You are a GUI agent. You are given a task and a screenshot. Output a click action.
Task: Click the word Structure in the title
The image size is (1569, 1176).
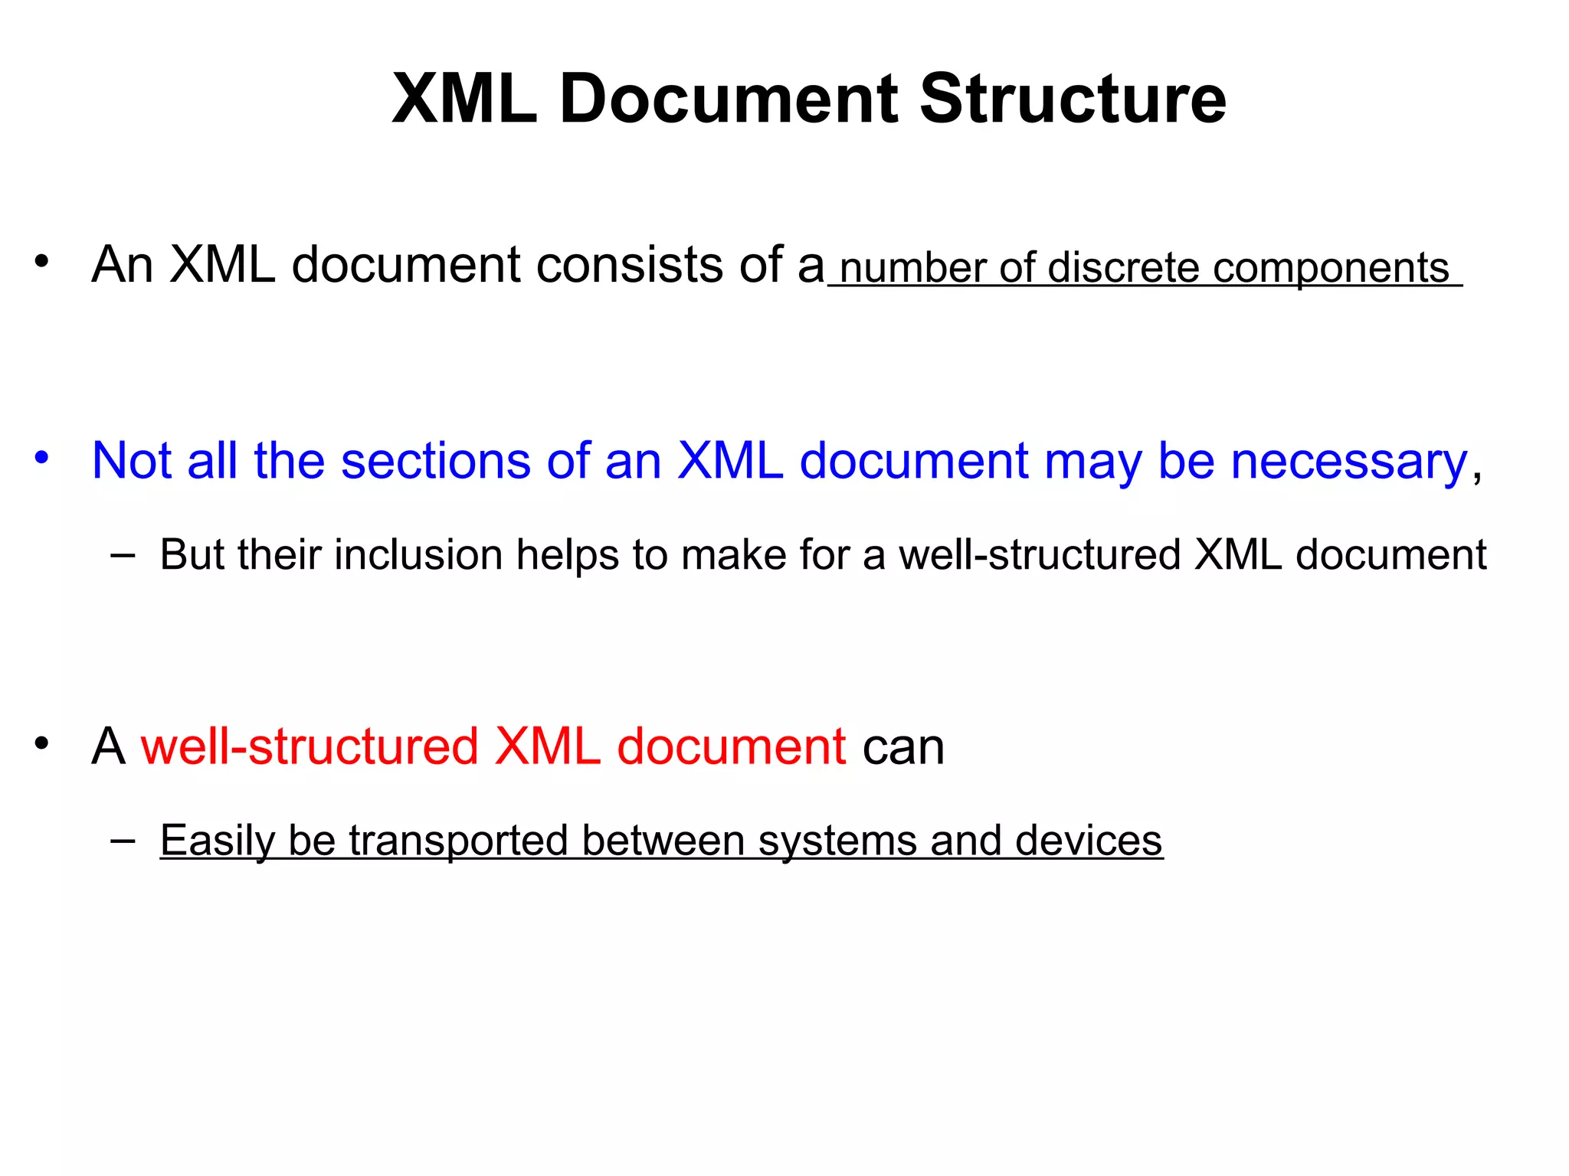click(x=1073, y=100)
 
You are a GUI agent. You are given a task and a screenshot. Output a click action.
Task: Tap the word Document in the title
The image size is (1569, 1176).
click(x=729, y=100)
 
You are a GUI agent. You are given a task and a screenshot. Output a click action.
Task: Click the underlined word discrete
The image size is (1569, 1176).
click(x=1123, y=269)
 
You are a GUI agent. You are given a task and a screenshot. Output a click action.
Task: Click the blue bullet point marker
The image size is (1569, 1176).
click(x=41, y=458)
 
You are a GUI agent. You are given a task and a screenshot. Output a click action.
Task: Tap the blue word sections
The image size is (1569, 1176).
click(x=435, y=462)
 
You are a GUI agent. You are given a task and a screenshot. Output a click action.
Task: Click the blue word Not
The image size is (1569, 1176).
click(x=131, y=462)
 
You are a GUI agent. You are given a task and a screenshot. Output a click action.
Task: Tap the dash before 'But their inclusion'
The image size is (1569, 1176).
click(x=123, y=556)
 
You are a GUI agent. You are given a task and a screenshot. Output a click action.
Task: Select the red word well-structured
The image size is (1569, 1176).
click(x=310, y=746)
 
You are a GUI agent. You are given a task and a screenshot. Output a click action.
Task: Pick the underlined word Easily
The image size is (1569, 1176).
click(x=217, y=841)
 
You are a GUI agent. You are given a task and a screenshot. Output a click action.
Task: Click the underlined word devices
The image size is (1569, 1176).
click(x=1089, y=841)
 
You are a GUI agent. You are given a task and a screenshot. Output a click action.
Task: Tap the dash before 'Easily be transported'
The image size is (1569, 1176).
click(x=123, y=841)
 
